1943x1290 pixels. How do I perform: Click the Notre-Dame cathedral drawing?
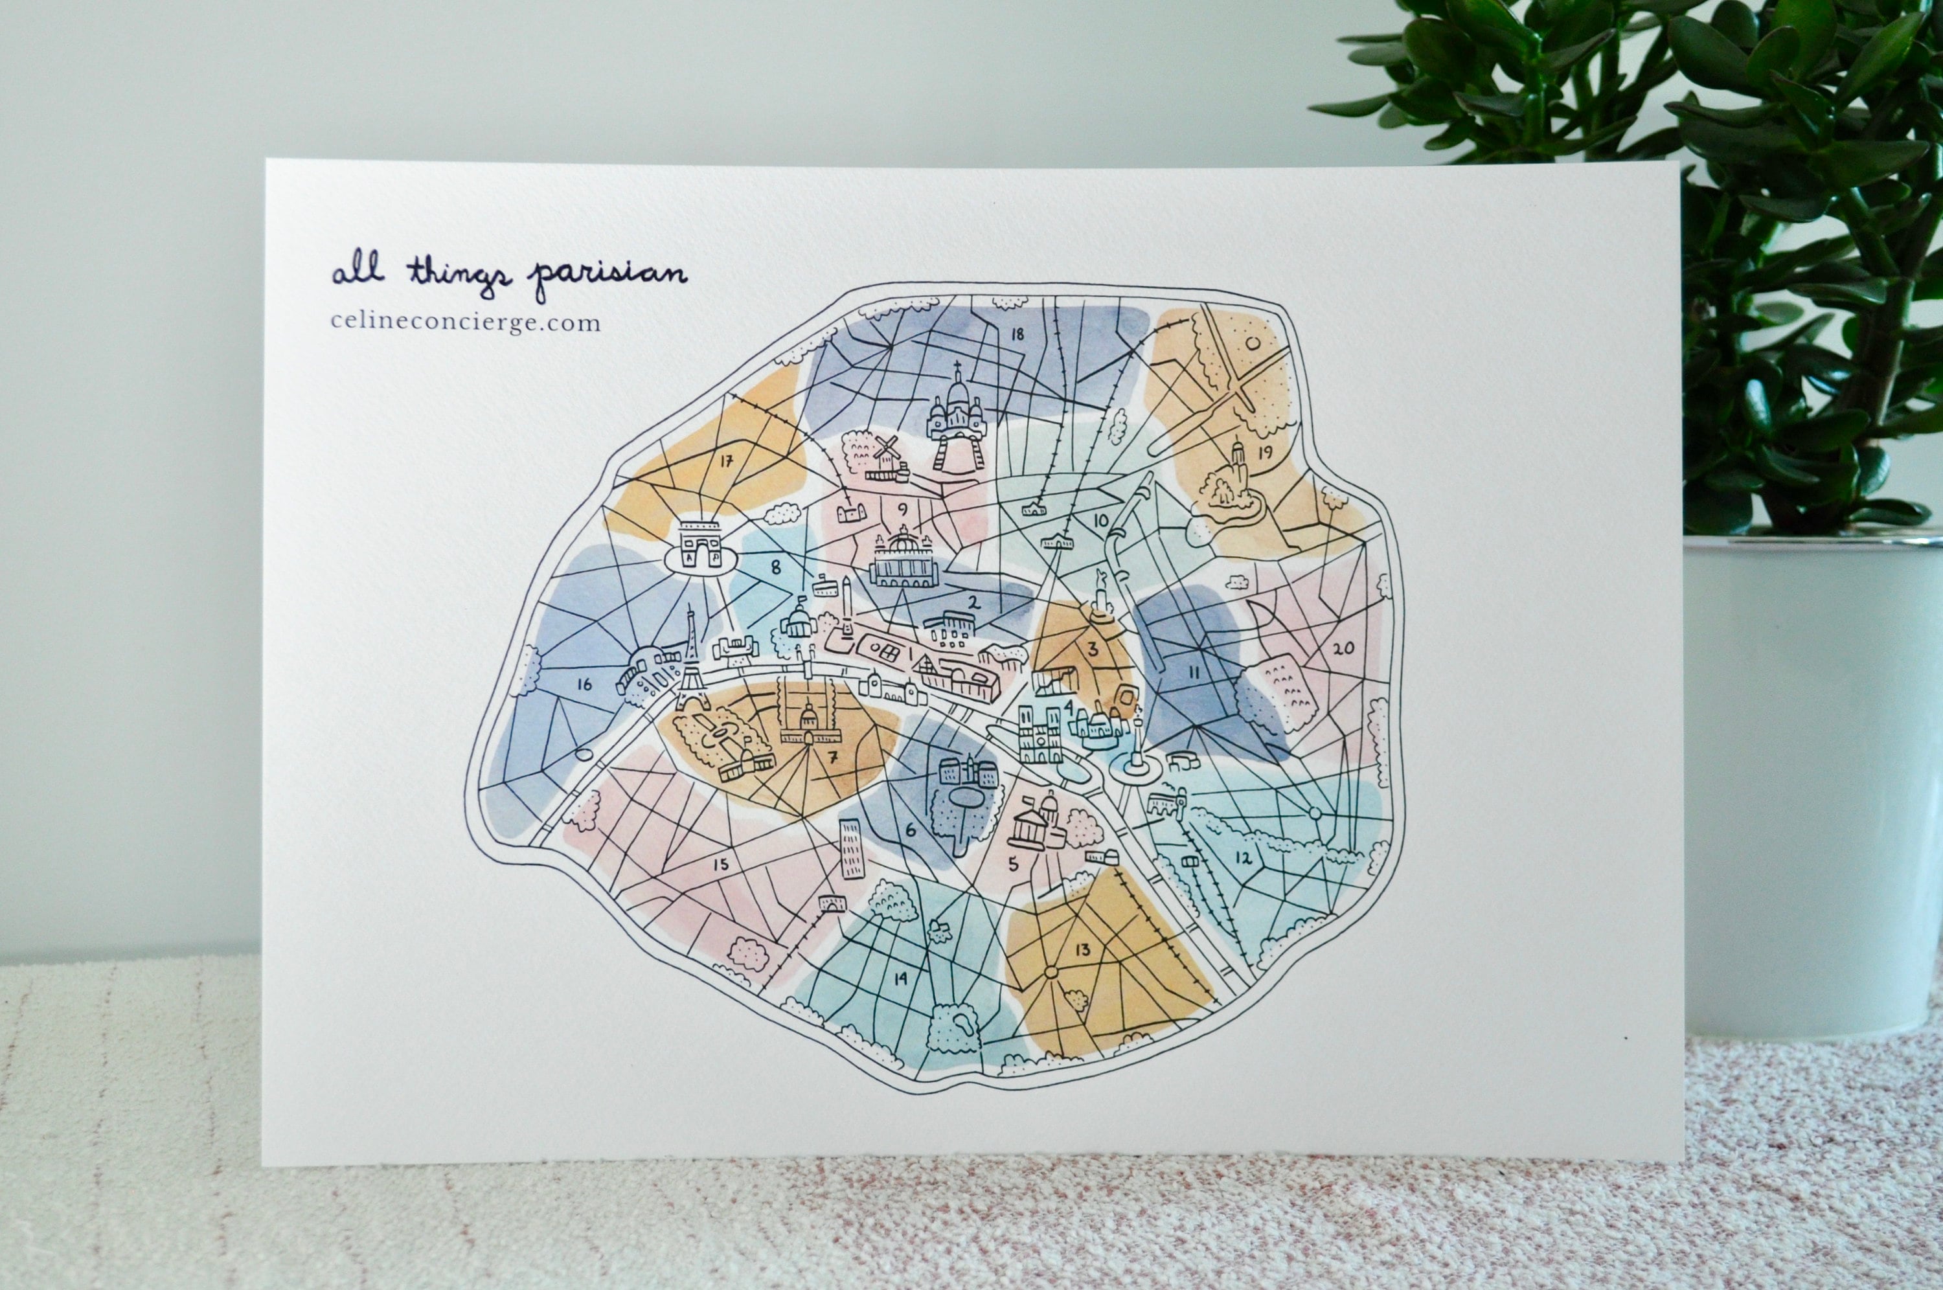coord(1036,736)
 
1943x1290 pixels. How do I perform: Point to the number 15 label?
coord(721,865)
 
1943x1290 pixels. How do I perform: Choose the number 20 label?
coord(1343,648)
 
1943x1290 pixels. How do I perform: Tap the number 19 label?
coord(1265,451)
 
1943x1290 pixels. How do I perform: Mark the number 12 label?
coord(1243,859)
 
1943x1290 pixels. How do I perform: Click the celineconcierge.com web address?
coord(466,323)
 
